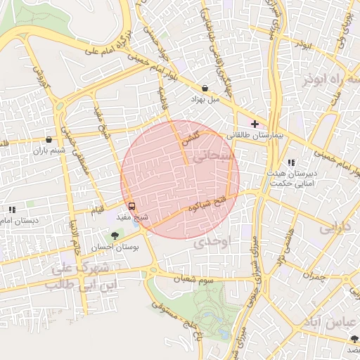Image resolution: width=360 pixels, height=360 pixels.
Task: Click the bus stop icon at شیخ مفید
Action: click(132, 206)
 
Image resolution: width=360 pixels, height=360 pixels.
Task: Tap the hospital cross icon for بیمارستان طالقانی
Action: click(255, 123)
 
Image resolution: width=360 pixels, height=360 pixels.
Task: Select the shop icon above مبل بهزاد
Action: click(205, 89)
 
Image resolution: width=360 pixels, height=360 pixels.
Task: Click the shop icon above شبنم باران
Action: click(48, 139)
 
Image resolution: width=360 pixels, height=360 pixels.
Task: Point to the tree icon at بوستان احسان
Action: click(115, 236)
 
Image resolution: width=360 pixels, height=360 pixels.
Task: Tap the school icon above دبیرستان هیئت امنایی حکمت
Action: click(291, 162)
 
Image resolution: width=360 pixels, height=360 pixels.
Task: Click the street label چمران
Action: click(318, 276)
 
